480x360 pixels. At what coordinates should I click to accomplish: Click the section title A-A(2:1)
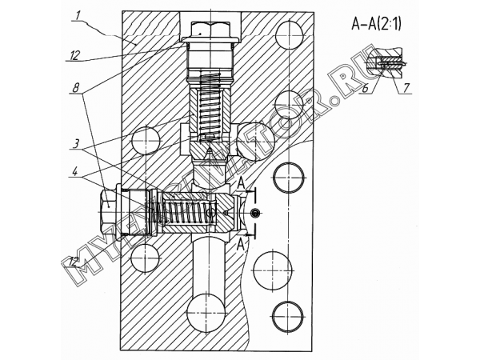point(376,24)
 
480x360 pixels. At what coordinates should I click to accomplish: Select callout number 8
point(76,88)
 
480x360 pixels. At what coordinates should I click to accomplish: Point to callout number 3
point(77,143)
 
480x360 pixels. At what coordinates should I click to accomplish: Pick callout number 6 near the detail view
point(365,89)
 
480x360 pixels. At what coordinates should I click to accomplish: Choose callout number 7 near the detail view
point(406,88)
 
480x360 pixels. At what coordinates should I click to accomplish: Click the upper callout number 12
point(74,55)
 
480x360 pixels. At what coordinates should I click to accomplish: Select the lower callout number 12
point(74,262)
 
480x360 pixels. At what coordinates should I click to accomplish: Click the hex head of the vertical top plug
point(210,30)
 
